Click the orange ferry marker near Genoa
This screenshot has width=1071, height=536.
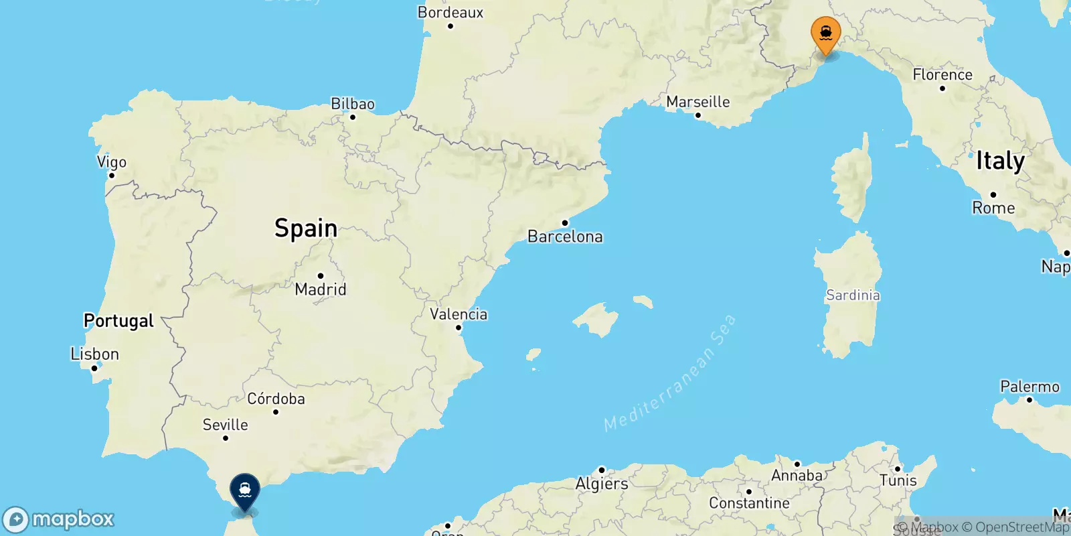click(825, 33)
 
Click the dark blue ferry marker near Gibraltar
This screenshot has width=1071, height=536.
click(245, 490)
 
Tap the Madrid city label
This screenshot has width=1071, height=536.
click(321, 289)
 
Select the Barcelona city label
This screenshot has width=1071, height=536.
click(565, 237)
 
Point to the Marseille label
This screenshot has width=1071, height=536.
click(697, 102)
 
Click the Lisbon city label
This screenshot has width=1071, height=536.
click(94, 354)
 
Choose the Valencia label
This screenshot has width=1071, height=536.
click(459, 314)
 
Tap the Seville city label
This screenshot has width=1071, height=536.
click(225, 425)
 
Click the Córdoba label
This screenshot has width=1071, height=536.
click(276, 399)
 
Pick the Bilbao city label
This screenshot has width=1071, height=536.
click(353, 104)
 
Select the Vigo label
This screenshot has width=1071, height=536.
click(112, 162)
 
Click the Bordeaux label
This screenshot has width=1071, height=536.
click(450, 13)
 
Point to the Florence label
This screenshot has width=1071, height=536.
click(942, 74)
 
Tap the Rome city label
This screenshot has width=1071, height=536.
click(993, 208)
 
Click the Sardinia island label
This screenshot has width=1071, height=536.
click(853, 295)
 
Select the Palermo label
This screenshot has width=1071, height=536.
click(1029, 387)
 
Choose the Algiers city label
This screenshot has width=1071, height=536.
click(602, 483)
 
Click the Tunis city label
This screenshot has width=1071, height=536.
click(898, 480)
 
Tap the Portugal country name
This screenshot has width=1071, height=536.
click(118, 321)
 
